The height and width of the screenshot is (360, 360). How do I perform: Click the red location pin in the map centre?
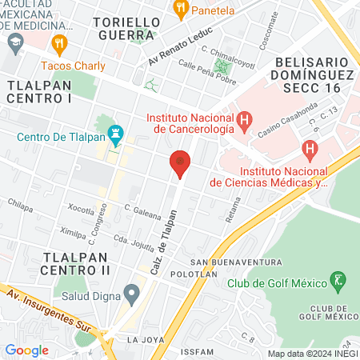point(180,164)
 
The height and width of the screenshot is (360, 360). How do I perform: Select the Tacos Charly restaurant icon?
point(58,42)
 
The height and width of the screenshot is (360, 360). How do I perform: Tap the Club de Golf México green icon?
point(339,280)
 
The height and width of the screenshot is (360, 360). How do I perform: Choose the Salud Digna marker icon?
point(130,292)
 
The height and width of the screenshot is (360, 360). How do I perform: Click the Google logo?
point(26,350)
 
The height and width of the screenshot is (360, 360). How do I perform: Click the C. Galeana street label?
point(144,208)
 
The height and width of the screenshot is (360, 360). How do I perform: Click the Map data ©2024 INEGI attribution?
point(311,353)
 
